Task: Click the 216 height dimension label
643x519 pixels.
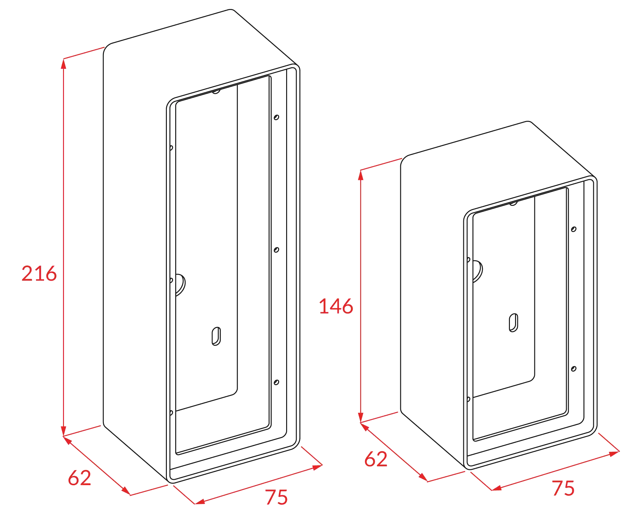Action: click(x=39, y=274)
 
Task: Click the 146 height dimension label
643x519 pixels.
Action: click(x=336, y=306)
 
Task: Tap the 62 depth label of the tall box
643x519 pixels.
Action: click(x=79, y=478)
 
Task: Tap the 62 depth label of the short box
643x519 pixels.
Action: click(x=376, y=459)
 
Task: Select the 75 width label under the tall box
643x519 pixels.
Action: click(x=276, y=497)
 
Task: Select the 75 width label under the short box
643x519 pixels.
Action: click(x=563, y=488)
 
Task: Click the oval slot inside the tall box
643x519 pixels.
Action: click(x=216, y=336)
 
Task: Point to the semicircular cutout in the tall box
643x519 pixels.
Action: click(x=181, y=284)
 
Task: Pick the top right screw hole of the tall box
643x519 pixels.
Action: click(x=276, y=117)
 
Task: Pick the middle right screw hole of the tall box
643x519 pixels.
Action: click(x=276, y=250)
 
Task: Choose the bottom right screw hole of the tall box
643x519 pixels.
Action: click(x=276, y=382)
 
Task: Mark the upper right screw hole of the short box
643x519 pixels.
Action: click(x=574, y=229)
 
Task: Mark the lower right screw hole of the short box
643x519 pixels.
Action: click(x=574, y=369)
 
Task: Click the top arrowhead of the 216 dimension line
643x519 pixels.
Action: click(x=64, y=65)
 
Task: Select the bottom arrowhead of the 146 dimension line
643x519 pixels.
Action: click(x=361, y=417)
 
